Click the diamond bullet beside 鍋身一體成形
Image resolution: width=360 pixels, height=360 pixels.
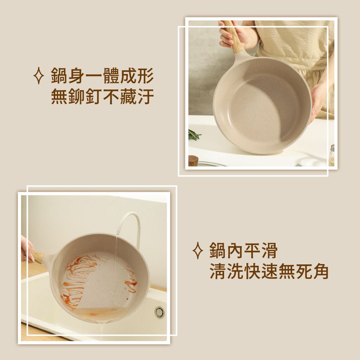39,76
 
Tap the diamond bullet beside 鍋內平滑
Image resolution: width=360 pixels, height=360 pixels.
198,250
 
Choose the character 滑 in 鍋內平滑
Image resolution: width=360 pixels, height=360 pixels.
269,250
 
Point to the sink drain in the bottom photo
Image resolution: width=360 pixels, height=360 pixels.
159,312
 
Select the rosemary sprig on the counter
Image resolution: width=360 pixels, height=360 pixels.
194,134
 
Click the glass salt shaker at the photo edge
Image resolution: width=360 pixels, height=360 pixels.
332,155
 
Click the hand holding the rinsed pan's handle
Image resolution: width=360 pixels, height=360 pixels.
27,249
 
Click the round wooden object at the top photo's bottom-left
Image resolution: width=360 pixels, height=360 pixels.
193,161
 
